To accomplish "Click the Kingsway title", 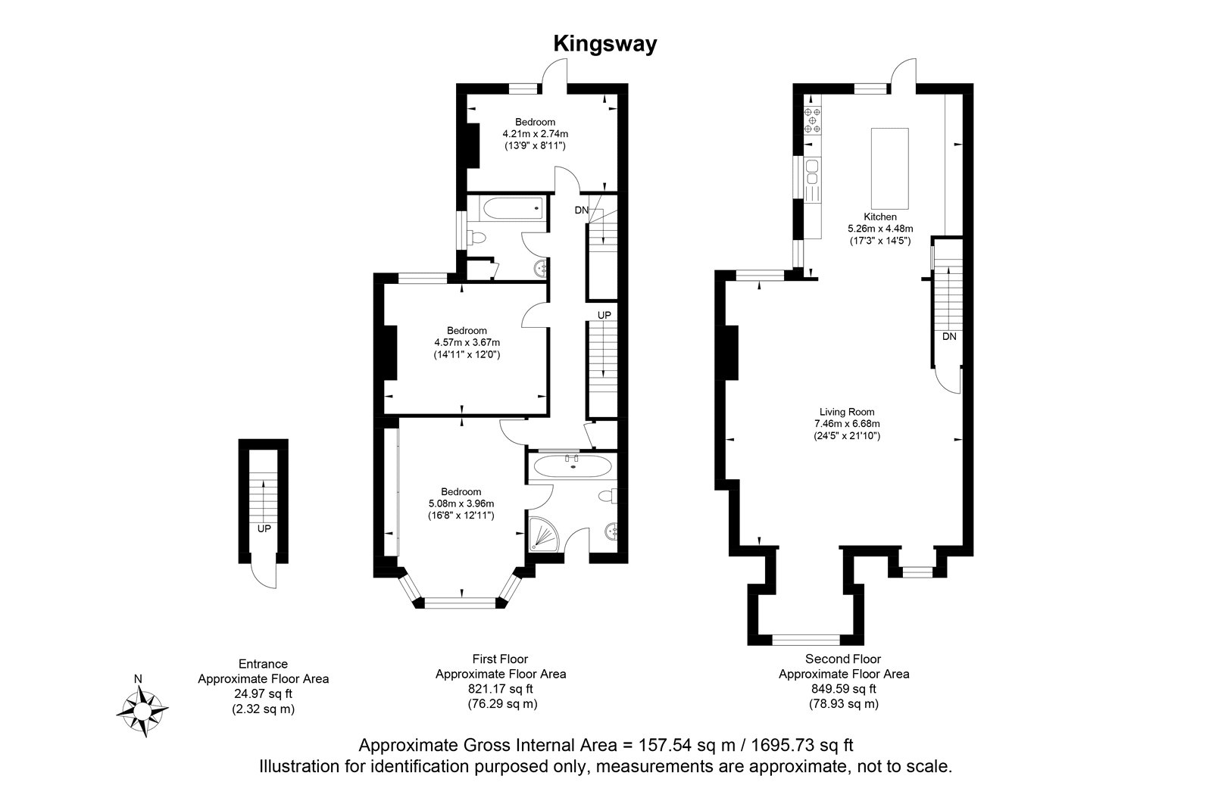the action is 605,45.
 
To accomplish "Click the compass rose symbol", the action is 142,709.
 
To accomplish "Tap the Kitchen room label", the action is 879,217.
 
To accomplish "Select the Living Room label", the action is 847,412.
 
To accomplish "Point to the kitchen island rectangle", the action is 889,168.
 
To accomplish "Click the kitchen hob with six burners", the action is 812,120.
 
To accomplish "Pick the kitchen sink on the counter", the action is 812,172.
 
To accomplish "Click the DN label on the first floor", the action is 581,210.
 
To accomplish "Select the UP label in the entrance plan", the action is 264,528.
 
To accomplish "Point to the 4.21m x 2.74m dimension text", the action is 535,133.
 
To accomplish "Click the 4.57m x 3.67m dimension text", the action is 467,342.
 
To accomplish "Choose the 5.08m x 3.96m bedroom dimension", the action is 461,503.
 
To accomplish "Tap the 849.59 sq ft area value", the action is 844,689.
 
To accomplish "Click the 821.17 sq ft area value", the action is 501,689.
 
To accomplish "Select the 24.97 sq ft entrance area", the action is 264,694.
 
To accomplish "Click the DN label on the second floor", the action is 949,336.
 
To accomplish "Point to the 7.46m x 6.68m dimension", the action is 847,423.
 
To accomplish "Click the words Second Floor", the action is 843,659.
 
